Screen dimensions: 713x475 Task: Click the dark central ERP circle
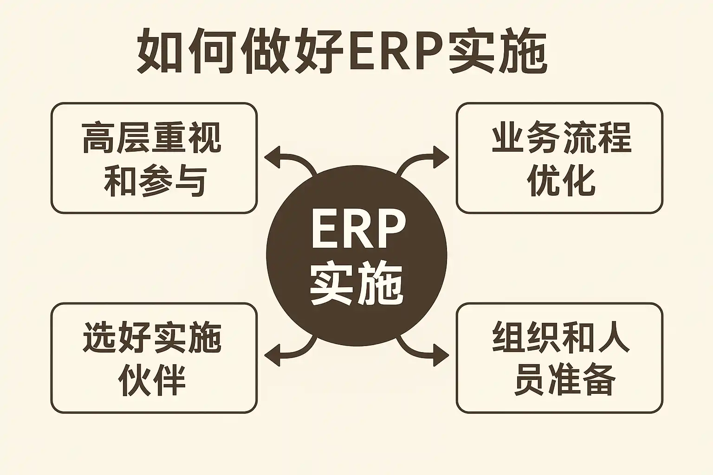(356, 256)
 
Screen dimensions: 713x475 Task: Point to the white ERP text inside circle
(358, 230)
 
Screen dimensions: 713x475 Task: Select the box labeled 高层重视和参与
(154, 158)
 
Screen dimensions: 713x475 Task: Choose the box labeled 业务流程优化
(559, 158)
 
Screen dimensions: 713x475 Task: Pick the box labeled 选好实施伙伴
(154, 358)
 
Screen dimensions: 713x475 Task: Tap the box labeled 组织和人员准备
(559, 358)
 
